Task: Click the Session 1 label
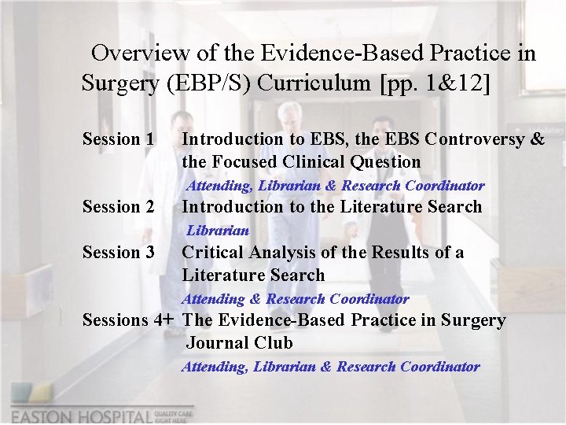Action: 118,139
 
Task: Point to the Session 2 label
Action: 118,207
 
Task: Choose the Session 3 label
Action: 118,253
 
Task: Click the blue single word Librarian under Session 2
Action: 218,231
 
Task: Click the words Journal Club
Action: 239,343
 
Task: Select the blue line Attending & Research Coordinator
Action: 296,299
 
